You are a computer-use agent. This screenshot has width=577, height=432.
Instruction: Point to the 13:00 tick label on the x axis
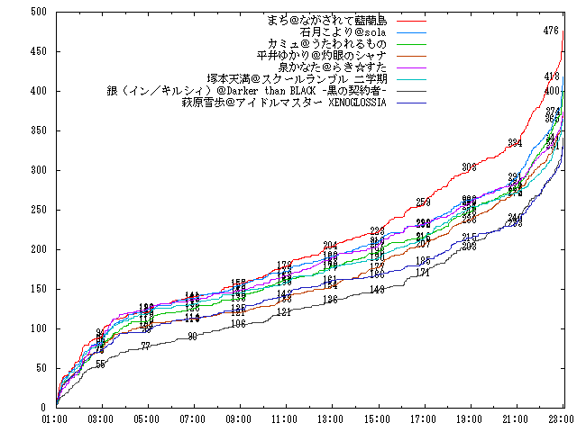pos(331,419)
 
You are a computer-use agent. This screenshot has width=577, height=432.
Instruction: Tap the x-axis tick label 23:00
pos(561,419)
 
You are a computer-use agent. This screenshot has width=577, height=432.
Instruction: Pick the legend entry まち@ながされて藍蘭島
pos(325,19)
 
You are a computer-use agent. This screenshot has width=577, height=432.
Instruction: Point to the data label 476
pos(552,31)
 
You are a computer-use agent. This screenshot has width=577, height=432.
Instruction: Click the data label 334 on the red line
pos(515,143)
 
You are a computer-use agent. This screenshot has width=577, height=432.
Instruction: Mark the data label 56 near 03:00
pos(100,364)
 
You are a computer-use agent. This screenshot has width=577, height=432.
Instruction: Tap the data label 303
pos(469,166)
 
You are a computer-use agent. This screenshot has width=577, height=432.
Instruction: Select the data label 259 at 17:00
pos(423,202)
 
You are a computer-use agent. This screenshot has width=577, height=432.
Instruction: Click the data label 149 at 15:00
pos(377,289)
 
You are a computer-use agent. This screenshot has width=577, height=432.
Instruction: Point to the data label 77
pos(146,346)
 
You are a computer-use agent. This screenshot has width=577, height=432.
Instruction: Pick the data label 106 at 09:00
pos(238,323)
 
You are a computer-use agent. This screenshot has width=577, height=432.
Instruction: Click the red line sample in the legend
pos(411,19)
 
